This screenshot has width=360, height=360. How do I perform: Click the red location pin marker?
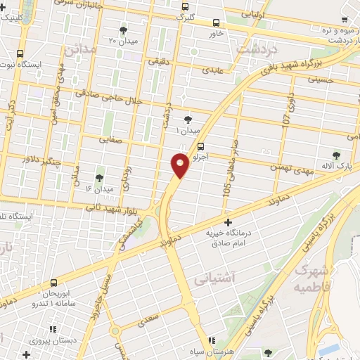click(180, 165)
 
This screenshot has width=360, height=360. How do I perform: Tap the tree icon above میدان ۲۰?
click(124, 30)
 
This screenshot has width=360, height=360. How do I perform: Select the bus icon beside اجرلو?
click(202, 147)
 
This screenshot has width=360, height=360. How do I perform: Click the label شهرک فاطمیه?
click(311, 279)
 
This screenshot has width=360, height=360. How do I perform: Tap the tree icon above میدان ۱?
click(187, 120)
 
